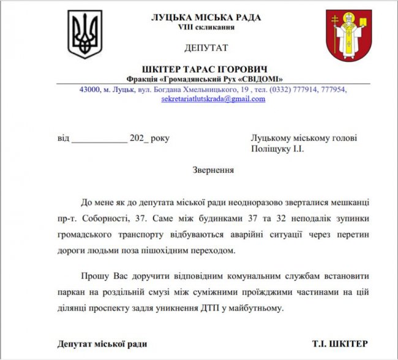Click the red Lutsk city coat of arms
[x=348, y=36]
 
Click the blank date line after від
[x=99, y=138]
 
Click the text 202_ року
[x=149, y=138]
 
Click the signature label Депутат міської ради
[x=102, y=343]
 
